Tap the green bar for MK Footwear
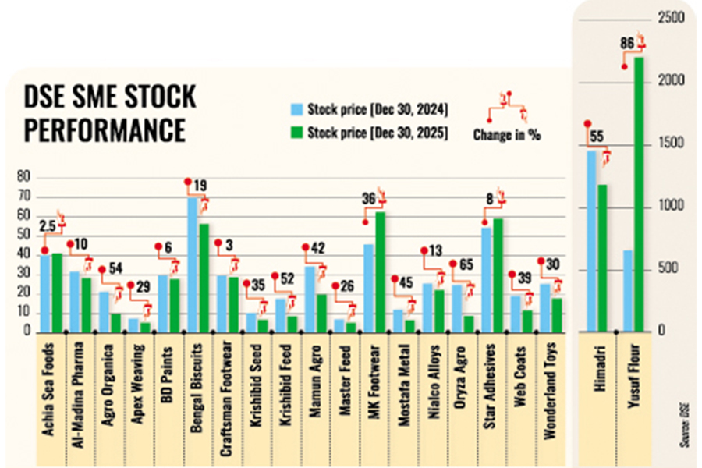[x=380, y=273]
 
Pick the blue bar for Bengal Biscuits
[x=193, y=265]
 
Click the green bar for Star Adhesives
[x=498, y=276]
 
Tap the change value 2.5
[x=46, y=227]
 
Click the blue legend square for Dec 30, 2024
[x=296, y=108]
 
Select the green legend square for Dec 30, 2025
[x=296, y=133]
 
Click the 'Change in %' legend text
[x=507, y=135]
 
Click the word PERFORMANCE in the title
[x=105, y=129]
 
